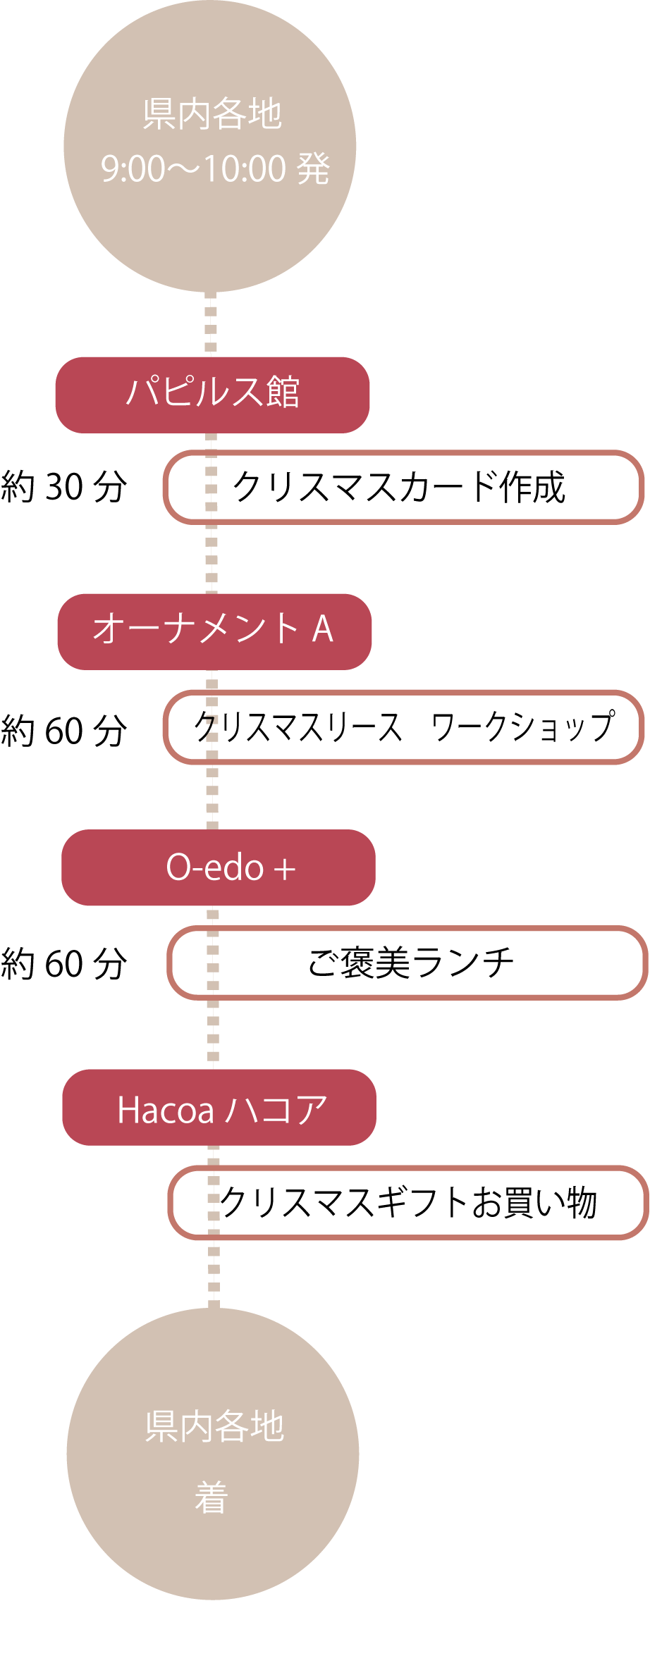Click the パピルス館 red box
[x=212, y=395]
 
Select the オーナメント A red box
[x=214, y=631]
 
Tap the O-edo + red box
[x=219, y=867]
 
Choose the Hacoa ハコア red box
[x=219, y=1107]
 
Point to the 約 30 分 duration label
[x=64, y=486]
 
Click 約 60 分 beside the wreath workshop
[x=64, y=730]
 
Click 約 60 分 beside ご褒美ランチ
[x=64, y=963]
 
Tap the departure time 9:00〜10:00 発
[x=216, y=168]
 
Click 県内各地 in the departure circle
[x=212, y=114]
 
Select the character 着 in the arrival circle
[x=211, y=1497]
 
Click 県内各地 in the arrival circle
[x=214, y=1426]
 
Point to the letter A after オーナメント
[x=322, y=629]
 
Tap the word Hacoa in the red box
[x=166, y=1110]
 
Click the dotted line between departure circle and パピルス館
[x=210, y=324]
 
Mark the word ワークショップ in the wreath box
[x=523, y=727]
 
